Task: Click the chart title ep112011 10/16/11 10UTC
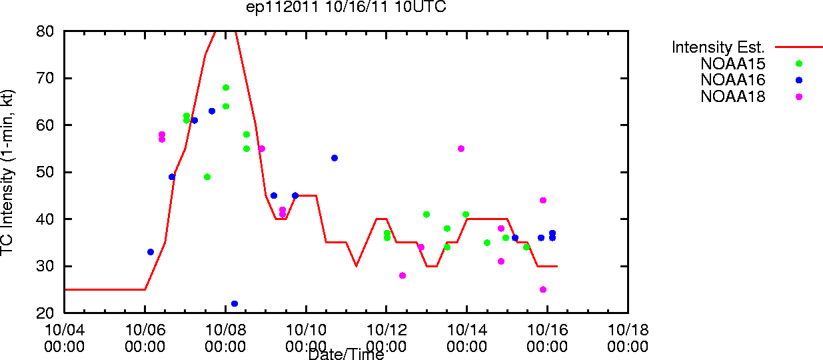pos(346,7)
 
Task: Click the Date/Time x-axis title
pos(346,354)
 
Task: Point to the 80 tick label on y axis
pos(45,31)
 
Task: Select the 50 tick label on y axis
pos(45,172)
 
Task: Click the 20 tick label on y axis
pos(45,313)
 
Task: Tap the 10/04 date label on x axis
pos(65,330)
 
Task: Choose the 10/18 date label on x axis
pos(628,330)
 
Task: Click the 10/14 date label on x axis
pos(467,330)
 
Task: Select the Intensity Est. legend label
pos(718,47)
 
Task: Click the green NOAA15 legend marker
pos(799,63)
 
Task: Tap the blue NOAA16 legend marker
pos(799,80)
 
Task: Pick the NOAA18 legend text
pos(732,97)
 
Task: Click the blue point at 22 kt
pos(235,304)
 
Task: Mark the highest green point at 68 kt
pos(226,87)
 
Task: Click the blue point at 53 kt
pos(335,158)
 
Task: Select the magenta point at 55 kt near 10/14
pos(461,149)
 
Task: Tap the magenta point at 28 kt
pos(403,275)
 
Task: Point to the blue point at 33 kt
pos(150,252)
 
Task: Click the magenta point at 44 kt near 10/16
pos(543,201)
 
